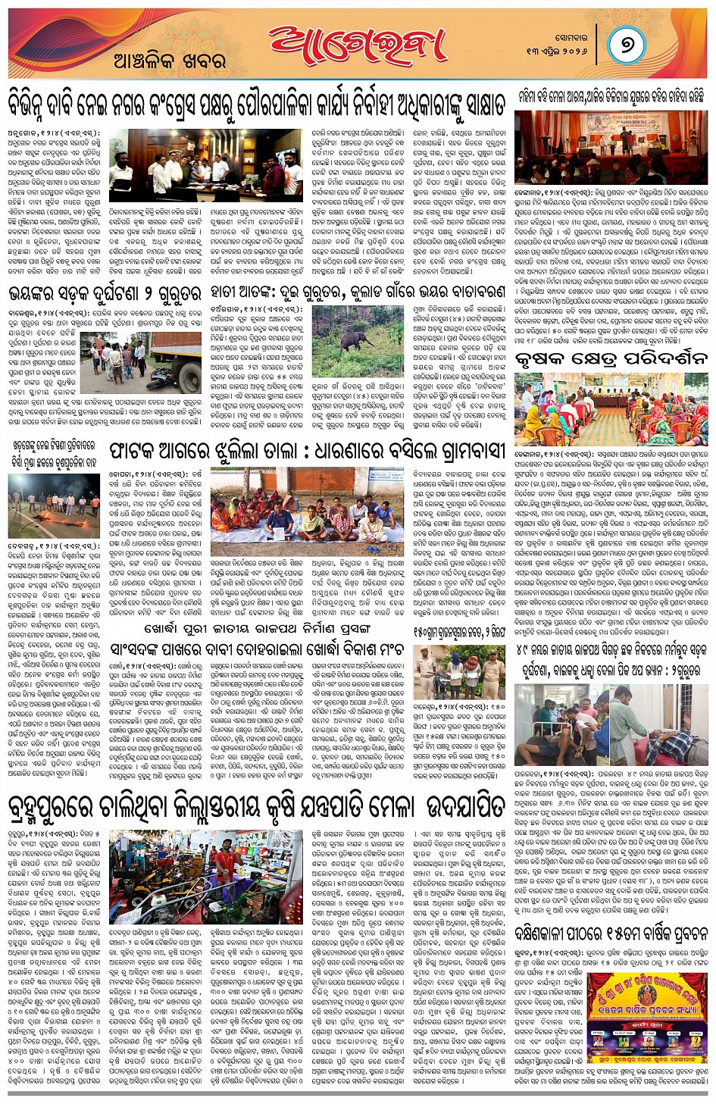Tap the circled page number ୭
(x=627, y=44)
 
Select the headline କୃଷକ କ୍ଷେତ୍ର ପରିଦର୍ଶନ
(x=611, y=359)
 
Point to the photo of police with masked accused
(x=460, y=671)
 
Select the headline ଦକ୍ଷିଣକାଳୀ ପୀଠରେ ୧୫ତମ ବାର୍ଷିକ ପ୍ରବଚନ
(x=611, y=933)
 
